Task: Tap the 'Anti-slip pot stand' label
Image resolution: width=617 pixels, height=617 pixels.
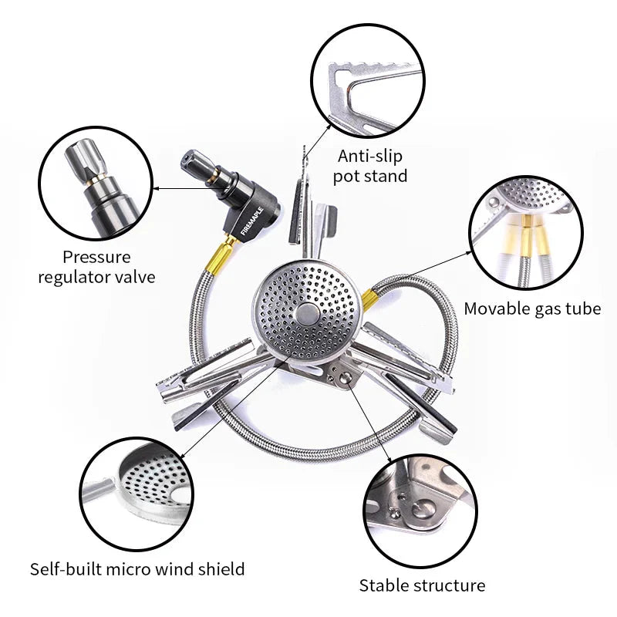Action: click(369, 166)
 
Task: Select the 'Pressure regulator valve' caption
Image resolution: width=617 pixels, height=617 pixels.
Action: click(97, 267)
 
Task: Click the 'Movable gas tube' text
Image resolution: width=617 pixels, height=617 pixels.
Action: click(532, 309)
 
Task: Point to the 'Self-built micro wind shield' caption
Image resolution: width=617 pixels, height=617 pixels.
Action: click(137, 570)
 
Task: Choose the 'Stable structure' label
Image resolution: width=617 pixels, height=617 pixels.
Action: click(423, 585)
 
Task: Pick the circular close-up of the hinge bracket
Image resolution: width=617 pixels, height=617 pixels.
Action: click(421, 510)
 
